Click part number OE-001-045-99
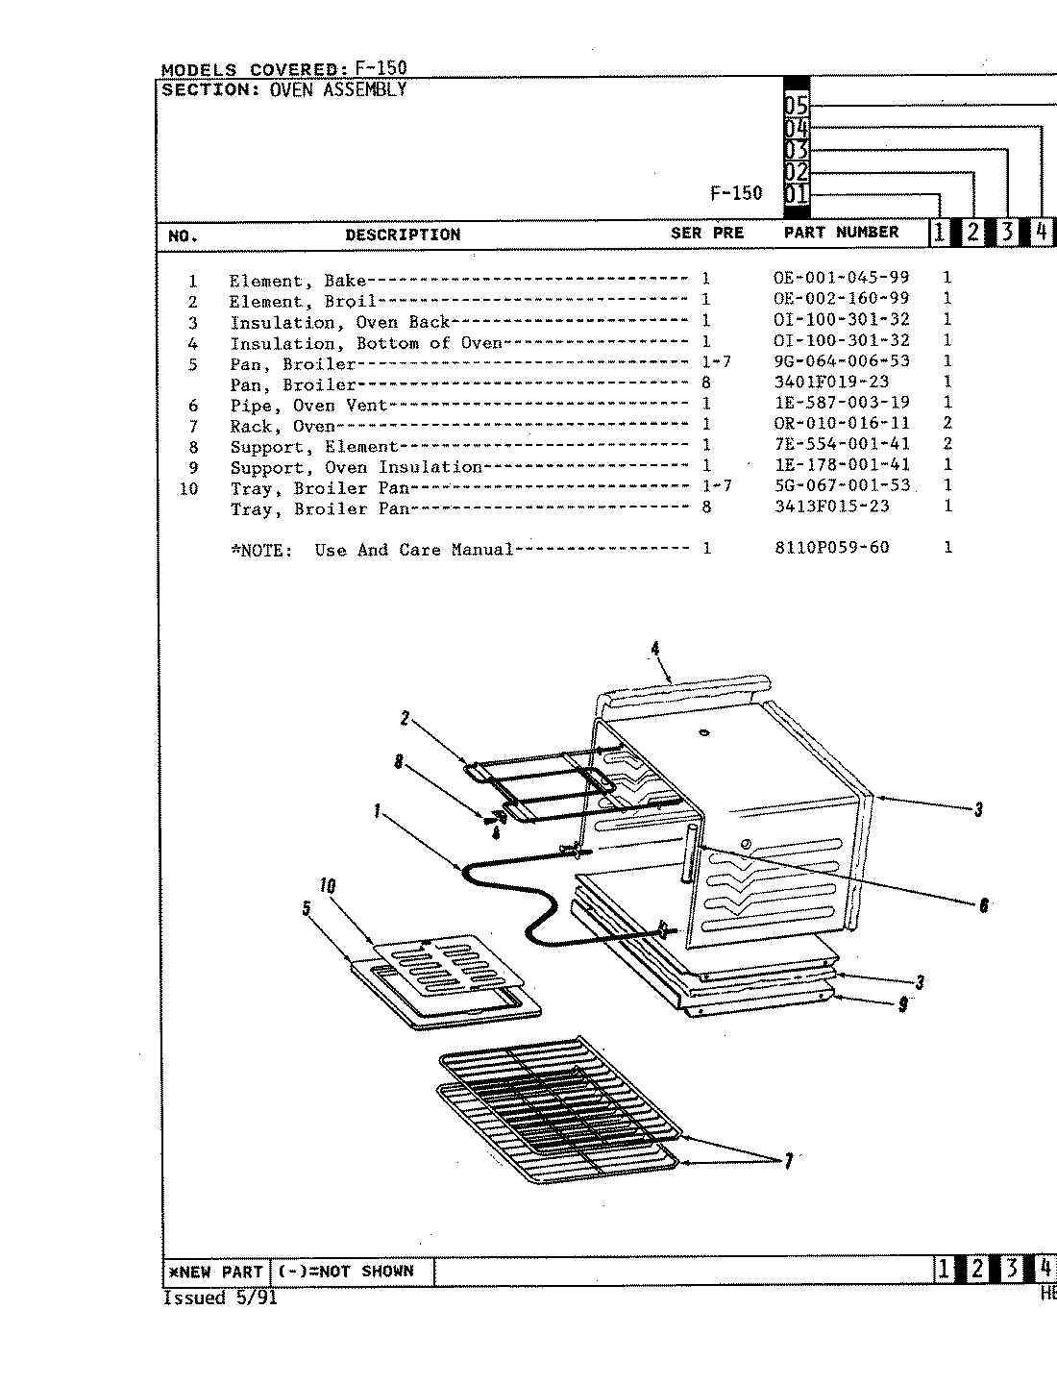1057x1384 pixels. coord(841,279)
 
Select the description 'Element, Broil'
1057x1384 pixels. coord(302,301)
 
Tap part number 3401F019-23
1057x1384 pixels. coord(831,383)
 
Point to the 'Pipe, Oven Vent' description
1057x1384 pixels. coord(307,406)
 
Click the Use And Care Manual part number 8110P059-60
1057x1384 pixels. coord(831,548)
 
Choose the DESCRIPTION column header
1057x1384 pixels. coord(403,235)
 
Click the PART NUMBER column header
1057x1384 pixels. coord(841,233)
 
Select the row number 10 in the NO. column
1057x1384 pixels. coord(189,489)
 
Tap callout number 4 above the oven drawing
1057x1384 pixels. coord(655,649)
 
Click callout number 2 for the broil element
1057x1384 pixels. coord(405,718)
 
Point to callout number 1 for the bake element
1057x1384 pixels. coord(378,811)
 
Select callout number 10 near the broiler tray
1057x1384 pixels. coord(328,886)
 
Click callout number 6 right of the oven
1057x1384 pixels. coord(983,904)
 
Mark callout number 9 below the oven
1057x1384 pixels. coord(902,1004)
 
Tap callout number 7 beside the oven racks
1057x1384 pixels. coord(788,1162)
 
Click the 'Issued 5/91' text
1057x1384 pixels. coord(220,1298)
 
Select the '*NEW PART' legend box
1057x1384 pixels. coord(215,1272)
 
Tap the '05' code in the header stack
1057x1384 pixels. coord(797,107)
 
